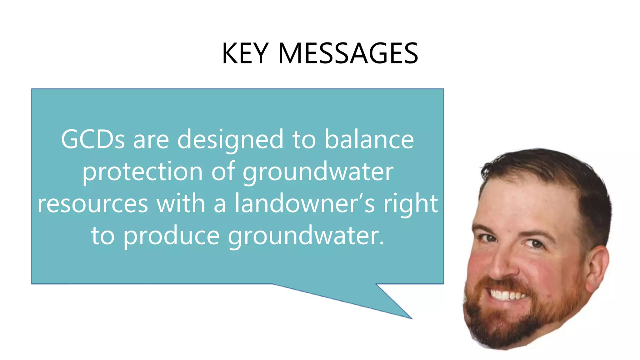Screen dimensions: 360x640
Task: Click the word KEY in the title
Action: pos(245,53)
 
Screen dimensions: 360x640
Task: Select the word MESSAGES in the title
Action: pos(347,53)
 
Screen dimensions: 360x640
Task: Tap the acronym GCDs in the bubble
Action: pos(93,139)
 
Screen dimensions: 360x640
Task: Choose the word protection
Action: pos(142,172)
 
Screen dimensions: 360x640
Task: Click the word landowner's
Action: pos(305,204)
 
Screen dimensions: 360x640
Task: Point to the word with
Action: pos(181,204)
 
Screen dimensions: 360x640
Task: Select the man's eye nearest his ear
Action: pos(535,243)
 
